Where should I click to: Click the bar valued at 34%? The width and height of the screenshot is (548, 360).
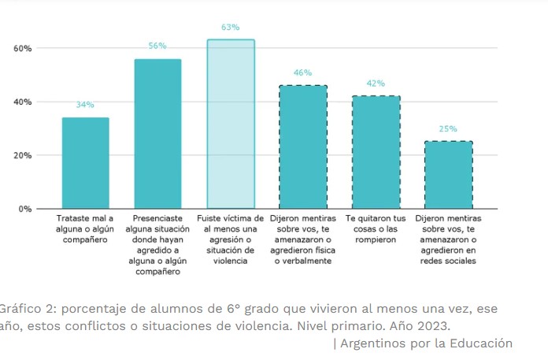coord(85,163)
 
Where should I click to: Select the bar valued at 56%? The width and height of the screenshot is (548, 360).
coord(157,134)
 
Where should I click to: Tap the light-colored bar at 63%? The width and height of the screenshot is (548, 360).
coord(231,124)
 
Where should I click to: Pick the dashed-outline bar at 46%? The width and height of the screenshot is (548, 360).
coord(303,147)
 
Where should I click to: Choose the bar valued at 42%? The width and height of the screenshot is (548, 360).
coord(376,152)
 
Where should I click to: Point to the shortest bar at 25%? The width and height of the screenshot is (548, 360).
coord(448,175)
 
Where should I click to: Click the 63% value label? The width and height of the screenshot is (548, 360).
coord(230,28)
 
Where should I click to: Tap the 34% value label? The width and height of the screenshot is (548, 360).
coord(85,105)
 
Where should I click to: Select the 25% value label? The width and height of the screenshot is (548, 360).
coord(448,129)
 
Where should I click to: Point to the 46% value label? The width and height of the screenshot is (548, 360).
coord(303,73)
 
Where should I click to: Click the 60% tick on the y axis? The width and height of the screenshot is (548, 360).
coord(22,48)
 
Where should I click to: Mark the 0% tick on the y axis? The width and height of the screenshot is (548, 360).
coord(24,209)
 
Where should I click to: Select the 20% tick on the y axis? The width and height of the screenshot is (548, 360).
coord(22,155)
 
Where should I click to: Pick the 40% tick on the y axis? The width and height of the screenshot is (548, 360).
coord(22,102)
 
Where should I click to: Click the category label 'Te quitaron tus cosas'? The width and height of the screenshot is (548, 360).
coord(376,223)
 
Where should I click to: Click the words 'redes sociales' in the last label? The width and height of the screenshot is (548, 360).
coord(448,262)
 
